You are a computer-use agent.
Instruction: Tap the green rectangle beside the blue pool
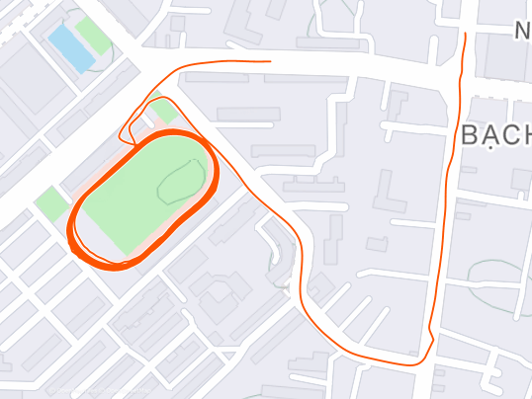pos(95,36)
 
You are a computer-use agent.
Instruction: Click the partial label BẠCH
pos(496,135)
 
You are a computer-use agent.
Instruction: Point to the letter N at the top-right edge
pos(523,32)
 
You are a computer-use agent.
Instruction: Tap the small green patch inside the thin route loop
pos(164,111)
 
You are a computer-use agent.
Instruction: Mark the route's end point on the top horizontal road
pos(269,61)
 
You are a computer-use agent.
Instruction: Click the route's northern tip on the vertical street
pos(465,34)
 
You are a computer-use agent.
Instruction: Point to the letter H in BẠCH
pos(523,135)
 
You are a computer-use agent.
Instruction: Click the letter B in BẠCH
pos(471,135)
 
